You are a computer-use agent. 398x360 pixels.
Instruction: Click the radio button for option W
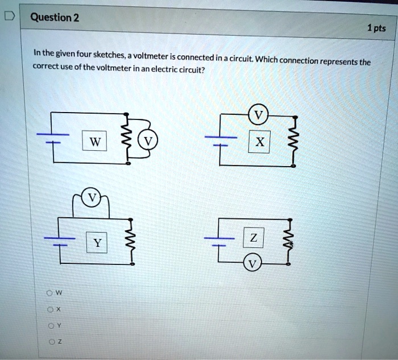coord(50,293)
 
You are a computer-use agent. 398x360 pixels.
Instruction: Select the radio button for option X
coord(50,309)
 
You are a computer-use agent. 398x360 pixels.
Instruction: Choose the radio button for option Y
coord(50,326)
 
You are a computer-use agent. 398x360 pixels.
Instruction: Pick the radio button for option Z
coord(50,341)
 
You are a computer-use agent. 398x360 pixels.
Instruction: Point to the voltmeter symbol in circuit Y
coord(91,198)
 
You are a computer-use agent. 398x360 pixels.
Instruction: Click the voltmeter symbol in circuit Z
coord(252,264)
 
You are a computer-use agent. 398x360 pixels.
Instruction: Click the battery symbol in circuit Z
coord(217,242)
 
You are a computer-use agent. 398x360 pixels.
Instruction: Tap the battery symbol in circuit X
coord(217,141)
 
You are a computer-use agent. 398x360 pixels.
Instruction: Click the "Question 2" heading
coord(55,17)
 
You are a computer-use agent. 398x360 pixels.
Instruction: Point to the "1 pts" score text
coord(376,28)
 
